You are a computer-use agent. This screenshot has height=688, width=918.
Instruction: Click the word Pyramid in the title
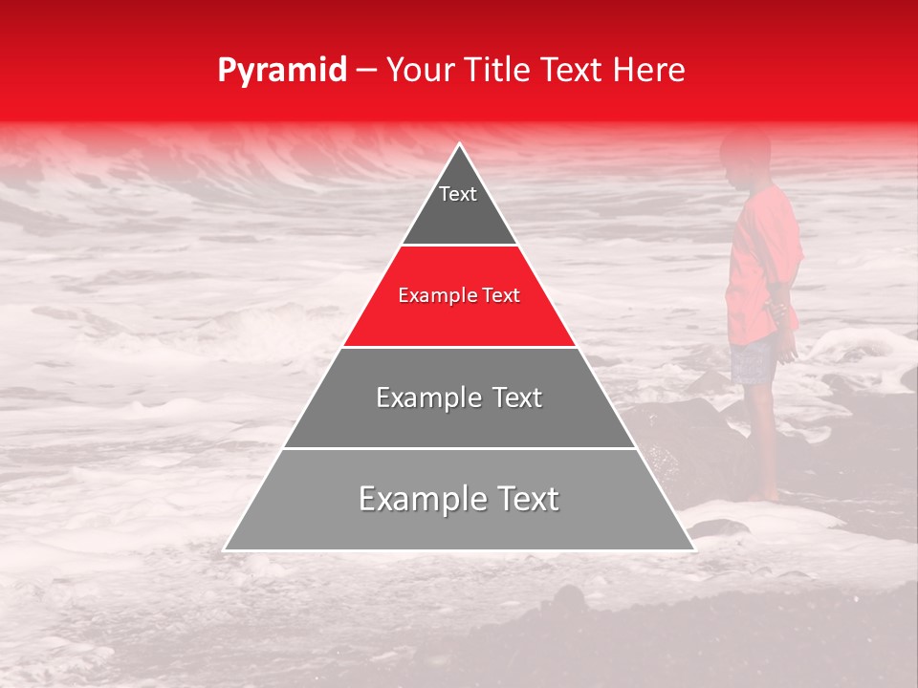click(281, 71)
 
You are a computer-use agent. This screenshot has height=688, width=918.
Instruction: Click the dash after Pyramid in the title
click(366, 71)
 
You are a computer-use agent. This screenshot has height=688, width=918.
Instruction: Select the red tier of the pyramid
click(459, 315)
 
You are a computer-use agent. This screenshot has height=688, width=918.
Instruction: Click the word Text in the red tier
click(500, 296)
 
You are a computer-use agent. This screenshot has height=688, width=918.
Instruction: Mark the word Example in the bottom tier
click(418, 499)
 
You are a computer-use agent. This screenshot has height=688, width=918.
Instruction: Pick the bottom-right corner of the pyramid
click(693, 549)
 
